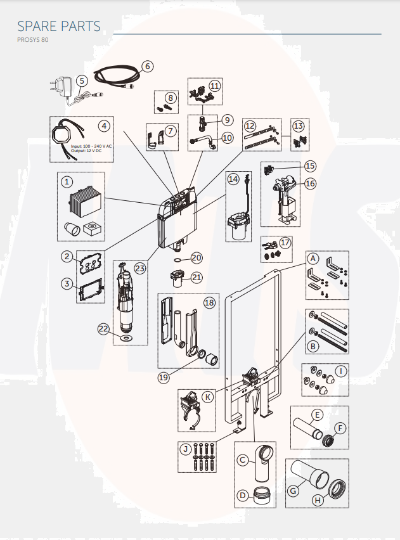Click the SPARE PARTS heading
click(58, 26)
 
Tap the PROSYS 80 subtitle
click(32, 41)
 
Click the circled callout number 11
click(214, 85)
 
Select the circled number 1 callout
click(67, 182)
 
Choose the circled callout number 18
click(209, 303)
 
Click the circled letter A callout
click(313, 259)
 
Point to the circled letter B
click(313, 346)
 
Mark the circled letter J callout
click(186, 449)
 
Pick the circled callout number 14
click(233, 179)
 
